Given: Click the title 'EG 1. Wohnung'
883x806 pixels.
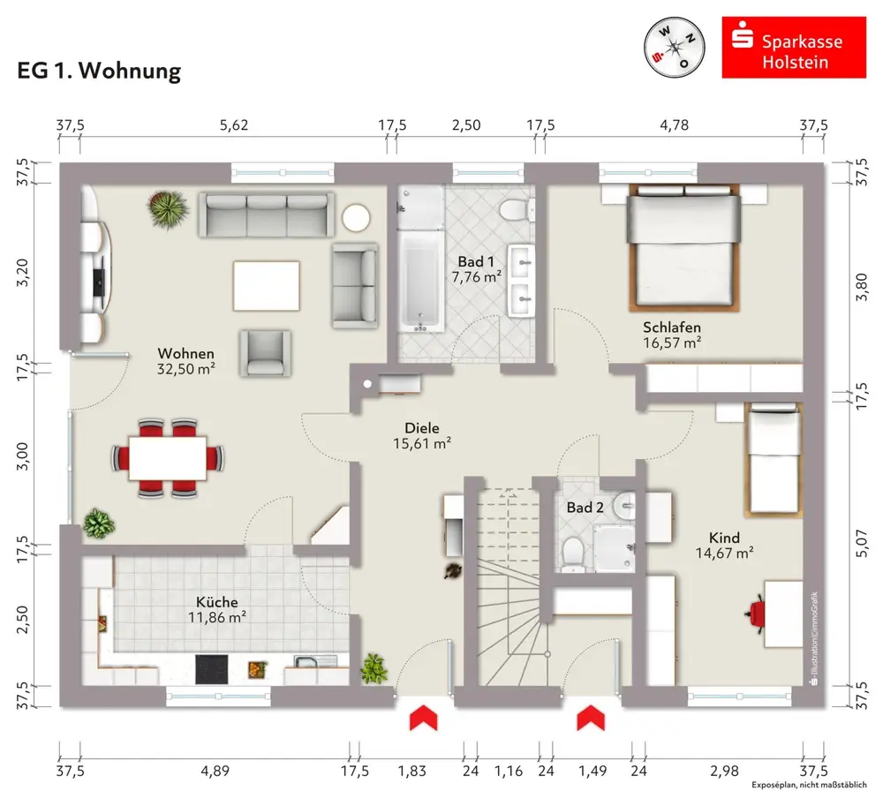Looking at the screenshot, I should (x=99, y=72).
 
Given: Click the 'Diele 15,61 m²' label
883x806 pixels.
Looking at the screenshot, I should (x=422, y=435).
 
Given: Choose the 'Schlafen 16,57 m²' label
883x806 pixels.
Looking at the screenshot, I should (x=672, y=335).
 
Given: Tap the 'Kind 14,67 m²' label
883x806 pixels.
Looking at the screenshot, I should (x=723, y=546).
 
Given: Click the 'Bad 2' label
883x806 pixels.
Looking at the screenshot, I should (x=585, y=508).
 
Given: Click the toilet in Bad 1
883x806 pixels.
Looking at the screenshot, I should (x=513, y=211).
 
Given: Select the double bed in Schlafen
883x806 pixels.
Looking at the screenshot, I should (x=681, y=247).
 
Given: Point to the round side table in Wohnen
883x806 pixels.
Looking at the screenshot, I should (x=357, y=217).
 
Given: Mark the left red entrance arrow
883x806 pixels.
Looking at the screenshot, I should (x=423, y=717).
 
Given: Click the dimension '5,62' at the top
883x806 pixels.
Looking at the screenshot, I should (x=234, y=125).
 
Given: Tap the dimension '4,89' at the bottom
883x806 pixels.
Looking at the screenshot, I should (x=215, y=771).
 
